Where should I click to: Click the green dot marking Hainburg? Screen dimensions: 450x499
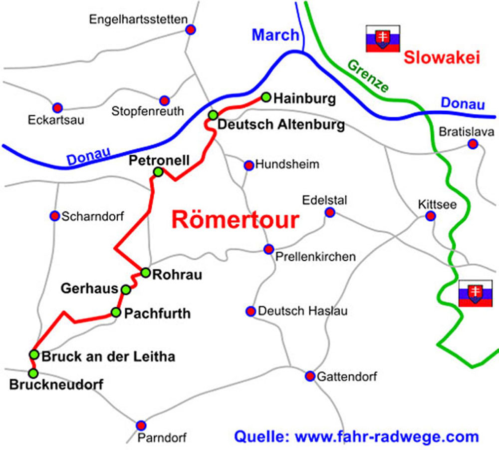(266, 97)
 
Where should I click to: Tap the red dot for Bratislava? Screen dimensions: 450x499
(473, 144)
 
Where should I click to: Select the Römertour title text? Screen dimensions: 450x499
(235, 220)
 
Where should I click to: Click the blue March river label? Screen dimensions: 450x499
(275, 35)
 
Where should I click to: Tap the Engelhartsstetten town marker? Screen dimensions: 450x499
(190, 29)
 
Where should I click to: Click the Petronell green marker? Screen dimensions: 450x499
(158, 172)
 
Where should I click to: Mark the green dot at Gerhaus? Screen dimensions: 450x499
(126, 290)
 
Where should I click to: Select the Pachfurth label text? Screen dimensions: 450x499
(157, 314)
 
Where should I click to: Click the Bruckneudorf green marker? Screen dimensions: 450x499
(33, 373)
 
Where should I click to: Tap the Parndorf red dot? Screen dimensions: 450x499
(141, 425)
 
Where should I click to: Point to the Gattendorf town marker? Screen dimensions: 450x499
(310, 376)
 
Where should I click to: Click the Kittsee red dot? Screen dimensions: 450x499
(430, 216)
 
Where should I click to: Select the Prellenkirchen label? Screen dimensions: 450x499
(315, 257)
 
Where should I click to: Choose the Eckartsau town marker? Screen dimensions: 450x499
(57, 107)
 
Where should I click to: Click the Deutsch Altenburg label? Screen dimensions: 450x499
(281, 125)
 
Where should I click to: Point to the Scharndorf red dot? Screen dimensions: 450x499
(55, 216)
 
